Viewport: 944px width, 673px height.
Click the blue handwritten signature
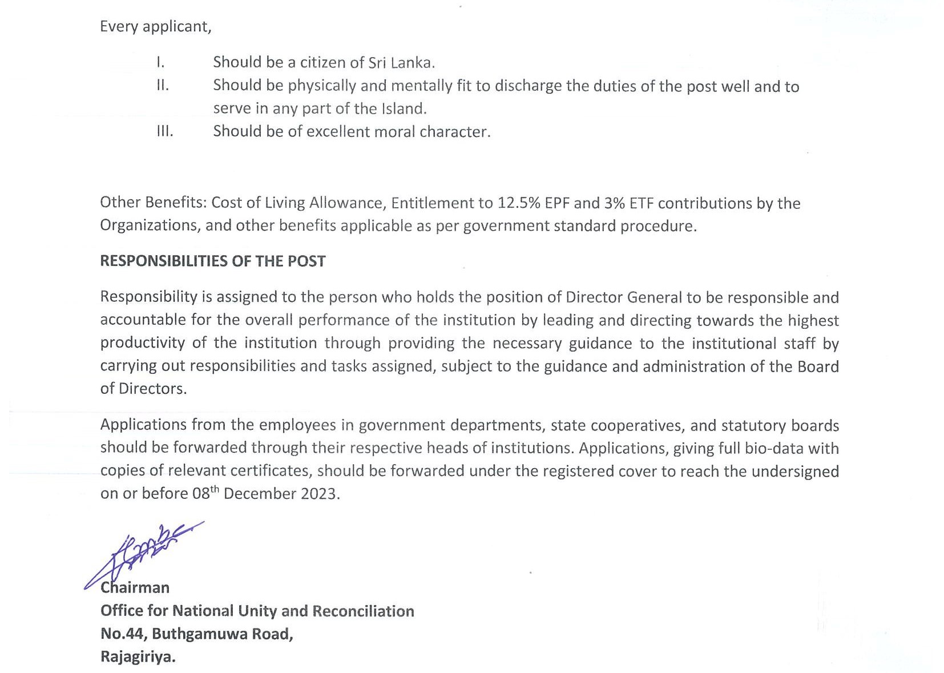point(143,551)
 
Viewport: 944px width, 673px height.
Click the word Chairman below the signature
point(135,588)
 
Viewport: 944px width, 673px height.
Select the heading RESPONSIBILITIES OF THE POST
point(212,261)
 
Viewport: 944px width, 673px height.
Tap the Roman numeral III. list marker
point(165,132)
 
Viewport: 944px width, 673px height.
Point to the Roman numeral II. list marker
point(163,86)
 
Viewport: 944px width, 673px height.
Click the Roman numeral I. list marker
point(160,62)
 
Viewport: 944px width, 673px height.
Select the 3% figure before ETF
point(616,203)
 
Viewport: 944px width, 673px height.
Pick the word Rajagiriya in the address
point(138,657)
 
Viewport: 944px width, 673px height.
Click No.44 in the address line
point(123,634)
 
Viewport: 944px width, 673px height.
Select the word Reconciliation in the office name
point(363,611)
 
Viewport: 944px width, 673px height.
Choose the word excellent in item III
point(337,132)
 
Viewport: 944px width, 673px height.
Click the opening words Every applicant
point(155,27)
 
